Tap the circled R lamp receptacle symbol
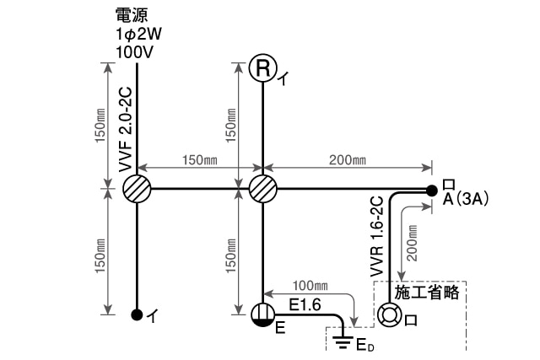coord(263,68)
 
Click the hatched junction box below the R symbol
coord(263,188)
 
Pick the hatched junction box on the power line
coord(136,188)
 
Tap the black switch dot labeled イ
coord(136,315)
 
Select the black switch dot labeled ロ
coord(431,189)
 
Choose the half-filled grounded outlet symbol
coord(263,314)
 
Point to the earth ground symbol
coord(342,342)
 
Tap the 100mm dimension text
coord(310,286)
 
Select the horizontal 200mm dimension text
coord(348,160)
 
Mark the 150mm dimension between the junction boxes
coord(200,160)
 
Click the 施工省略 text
coord(426,293)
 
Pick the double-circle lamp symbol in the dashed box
coord(389,315)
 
